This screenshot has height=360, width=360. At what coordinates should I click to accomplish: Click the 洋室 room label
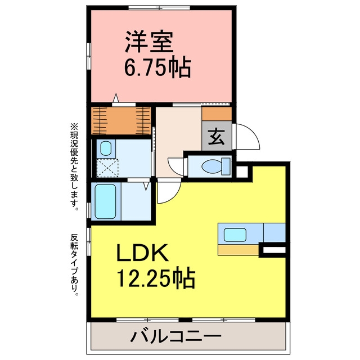pyautogui.click(x=149, y=42)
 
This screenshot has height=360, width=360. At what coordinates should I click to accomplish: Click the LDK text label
pyautogui.click(x=142, y=253)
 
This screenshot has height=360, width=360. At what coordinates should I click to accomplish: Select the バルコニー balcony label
pyautogui.click(x=176, y=336)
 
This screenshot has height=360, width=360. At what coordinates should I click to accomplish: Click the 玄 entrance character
pyautogui.click(x=217, y=137)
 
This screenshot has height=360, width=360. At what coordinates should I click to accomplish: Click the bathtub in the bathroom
pyautogui.click(x=105, y=201)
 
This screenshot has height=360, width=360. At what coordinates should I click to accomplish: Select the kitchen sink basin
pyautogui.click(x=235, y=235)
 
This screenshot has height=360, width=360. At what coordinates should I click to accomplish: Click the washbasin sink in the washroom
pyautogui.click(x=106, y=148)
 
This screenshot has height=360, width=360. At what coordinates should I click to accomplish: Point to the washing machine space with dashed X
pyautogui.click(x=107, y=168)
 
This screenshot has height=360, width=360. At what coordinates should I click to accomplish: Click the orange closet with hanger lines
pyautogui.click(x=121, y=121)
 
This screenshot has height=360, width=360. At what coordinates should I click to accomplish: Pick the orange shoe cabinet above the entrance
pyautogui.click(x=217, y=114)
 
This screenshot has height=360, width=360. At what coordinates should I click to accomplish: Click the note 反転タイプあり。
pyautogui.click(x=74, y=265)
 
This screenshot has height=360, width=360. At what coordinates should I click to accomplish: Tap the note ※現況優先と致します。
pyautogui.click(x=74, y=167)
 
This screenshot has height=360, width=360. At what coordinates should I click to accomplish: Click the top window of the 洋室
pyautogui.click(x=159, y=7)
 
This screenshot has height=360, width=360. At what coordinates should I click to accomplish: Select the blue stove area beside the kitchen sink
pyautogui.click(x=274, y=232)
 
